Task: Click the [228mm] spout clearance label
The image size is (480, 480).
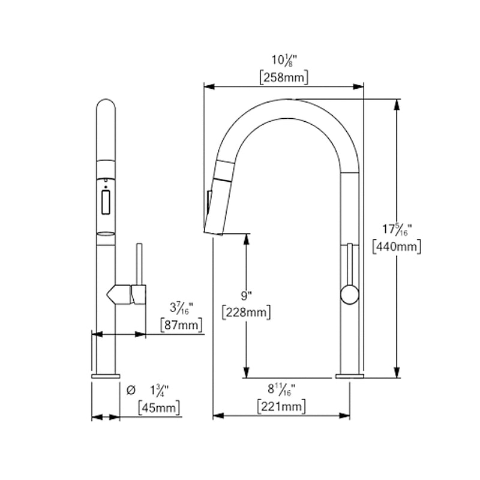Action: point(245,312)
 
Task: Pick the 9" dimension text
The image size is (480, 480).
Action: point(245,295)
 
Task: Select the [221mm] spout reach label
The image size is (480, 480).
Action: point(281,407)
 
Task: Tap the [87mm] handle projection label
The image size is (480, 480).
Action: point(181,325)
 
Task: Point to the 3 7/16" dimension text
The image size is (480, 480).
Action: point(181,308)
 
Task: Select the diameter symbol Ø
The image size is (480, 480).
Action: point(131,391)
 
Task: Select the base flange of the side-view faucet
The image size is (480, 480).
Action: point(348,376)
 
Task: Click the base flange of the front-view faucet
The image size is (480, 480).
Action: point(106,376)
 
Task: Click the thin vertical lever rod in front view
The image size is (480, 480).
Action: point(139,264)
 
